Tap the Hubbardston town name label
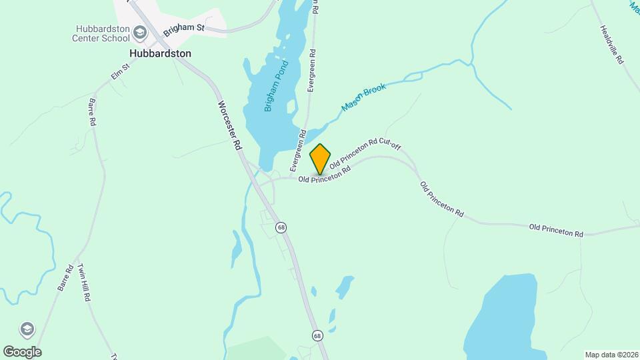pos(160,53)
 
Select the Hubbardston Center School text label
pos(101,33)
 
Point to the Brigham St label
pos(183,27)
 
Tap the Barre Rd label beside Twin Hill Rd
pos(65,278)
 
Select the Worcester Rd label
pos(229,125)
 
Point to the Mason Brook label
pos(364,98)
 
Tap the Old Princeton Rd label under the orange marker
pos(324,175)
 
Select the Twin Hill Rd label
pos(83,283)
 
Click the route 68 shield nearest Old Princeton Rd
pos(282,227)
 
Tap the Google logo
pos(22,351)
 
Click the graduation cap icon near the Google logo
pos(27,329)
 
